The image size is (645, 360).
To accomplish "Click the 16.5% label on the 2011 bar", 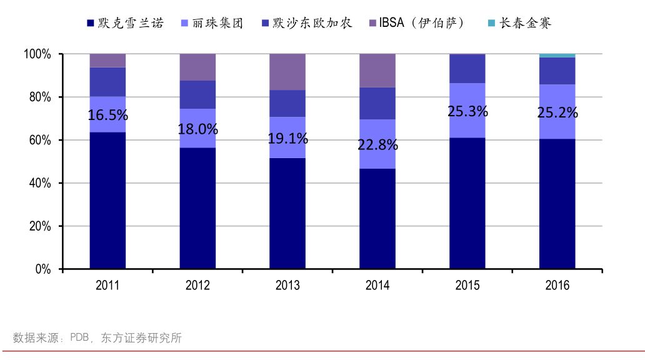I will coord(107,115).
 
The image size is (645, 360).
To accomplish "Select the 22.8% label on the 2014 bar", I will coord(377,144).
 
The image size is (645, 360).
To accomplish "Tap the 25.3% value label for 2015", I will coord(467,112).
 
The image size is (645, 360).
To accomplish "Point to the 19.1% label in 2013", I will coord(287,139).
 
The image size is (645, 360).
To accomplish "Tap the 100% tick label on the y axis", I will coord(36,54).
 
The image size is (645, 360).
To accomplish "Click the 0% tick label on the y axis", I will coord(42,269).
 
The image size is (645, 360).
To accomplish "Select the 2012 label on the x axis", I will coord(197,286).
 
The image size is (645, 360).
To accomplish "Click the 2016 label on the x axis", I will coord(557,286).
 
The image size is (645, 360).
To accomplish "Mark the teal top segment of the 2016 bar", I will coord(557,56).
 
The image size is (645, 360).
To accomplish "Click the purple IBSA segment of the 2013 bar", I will coord(287,72).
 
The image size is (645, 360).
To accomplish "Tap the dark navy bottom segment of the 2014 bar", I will coord(377,219).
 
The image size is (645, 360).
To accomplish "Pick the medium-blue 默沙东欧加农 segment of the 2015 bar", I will coord(467,69).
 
